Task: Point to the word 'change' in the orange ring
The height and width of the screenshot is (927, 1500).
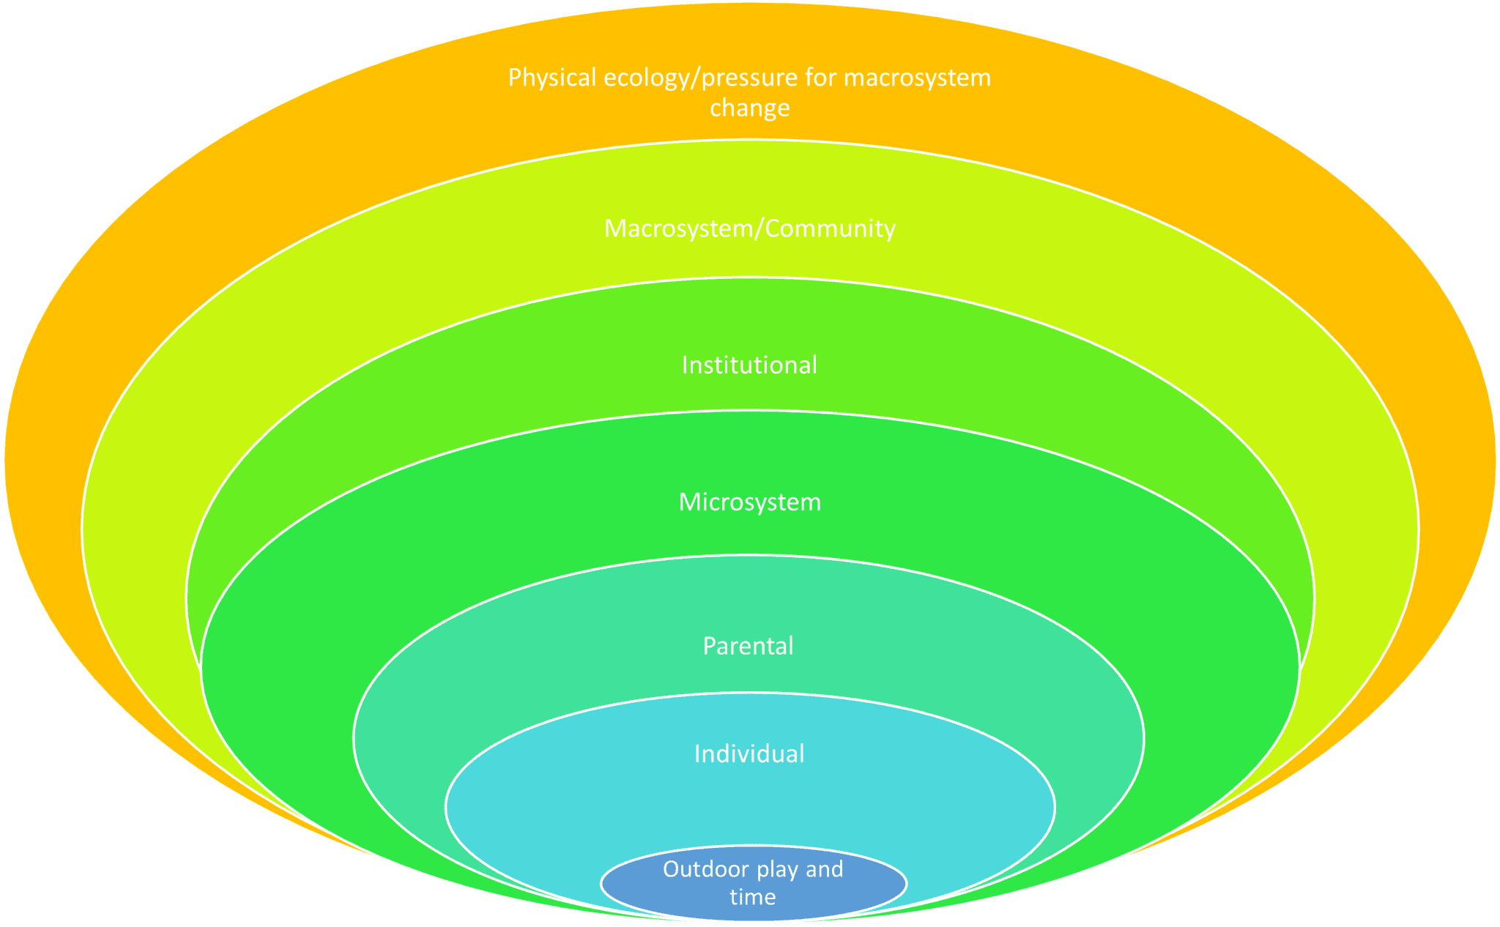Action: (749, 108)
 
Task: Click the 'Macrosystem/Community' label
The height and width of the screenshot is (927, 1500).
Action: (749, 229)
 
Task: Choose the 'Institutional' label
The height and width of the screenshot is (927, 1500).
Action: (749, 365)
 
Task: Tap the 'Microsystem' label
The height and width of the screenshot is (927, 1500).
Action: (749, 502)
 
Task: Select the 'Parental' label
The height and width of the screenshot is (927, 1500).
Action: (748, 646)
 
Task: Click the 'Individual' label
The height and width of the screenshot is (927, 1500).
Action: (749, 754)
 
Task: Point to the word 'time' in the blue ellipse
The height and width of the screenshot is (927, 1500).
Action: (752, 897)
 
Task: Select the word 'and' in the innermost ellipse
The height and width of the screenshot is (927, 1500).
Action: (825, 870)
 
